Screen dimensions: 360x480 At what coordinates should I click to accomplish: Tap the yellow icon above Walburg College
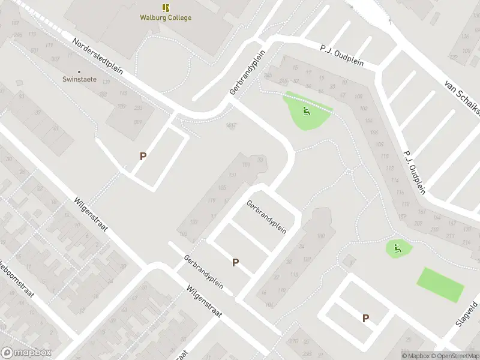(x=166, y=7)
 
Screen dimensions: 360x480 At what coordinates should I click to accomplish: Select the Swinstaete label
(x=80, y=79)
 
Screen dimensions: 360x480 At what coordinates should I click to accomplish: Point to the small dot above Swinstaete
(x=79, y=71)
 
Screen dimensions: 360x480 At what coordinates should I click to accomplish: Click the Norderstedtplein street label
(x=97, y=56)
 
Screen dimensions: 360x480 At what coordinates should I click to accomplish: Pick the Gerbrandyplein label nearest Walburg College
(x=247, y=72)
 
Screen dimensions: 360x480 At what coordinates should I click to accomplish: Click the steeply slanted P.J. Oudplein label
(x=414, y=171)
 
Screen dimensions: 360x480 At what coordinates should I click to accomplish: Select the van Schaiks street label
(x=463, y=96)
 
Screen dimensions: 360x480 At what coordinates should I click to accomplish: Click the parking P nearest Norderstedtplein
(x=143, y=156)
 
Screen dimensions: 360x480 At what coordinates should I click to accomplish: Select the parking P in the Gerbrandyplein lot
(x=236, y=262)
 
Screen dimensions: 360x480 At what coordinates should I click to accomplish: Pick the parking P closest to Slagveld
(x=365, y=318)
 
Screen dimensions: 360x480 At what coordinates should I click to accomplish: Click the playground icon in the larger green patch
(x=306, y=110)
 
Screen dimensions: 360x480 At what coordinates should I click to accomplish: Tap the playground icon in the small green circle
(x=396, y=247)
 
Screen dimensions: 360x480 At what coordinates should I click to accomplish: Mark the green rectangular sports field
(x=440, y=285)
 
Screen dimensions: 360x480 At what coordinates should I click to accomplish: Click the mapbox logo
(x=26, y=353)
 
